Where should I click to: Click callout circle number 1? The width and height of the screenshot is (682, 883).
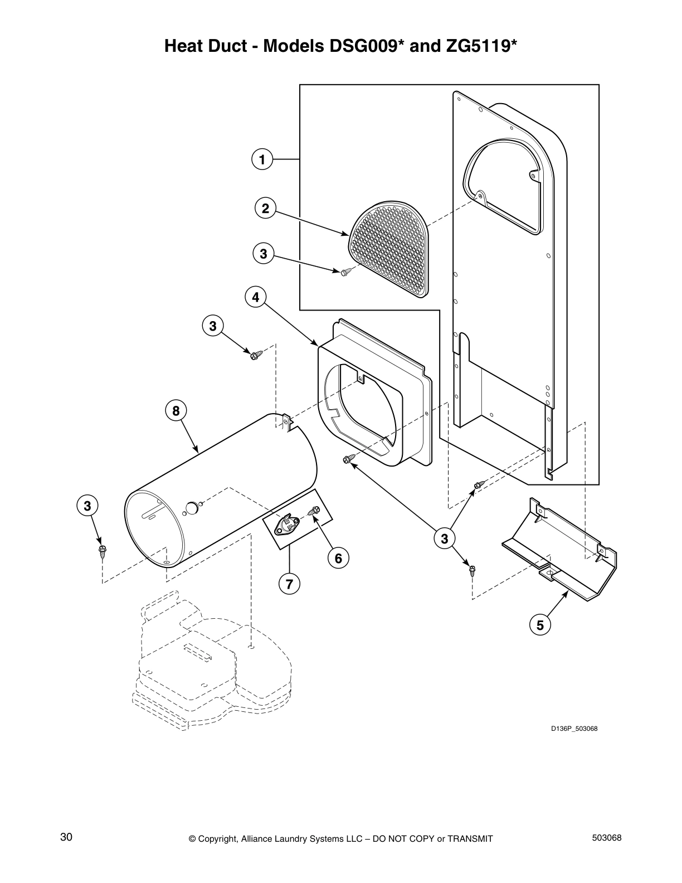[261, 160]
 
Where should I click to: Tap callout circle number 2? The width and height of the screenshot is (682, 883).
[265, 208]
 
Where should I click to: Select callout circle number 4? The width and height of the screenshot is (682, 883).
[255, 297]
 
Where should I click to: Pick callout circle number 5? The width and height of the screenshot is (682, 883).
[540, 625]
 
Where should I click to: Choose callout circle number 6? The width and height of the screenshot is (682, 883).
[338, 557]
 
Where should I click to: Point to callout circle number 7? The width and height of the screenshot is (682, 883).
[289, 584]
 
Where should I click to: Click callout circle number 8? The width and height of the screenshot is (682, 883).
[176, 411]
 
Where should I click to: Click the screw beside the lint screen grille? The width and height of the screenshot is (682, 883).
[345, 272]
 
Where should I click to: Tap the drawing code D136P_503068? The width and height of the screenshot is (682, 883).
[574, 729]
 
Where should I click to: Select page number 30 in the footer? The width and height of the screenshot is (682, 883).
[66, 837]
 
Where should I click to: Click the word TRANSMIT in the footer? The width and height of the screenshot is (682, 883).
[470, 838]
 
